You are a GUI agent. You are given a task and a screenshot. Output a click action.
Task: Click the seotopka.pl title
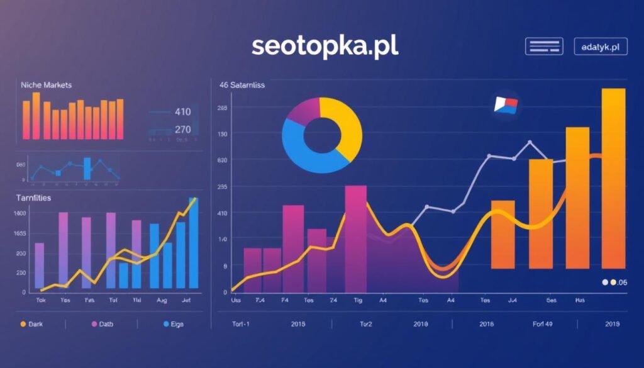pos(325,47)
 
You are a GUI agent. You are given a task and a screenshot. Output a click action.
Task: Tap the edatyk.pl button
pos(601,47)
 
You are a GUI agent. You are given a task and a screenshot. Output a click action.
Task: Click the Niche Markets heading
pos(46,84)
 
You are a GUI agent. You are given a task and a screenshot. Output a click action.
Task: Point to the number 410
pos(182,113)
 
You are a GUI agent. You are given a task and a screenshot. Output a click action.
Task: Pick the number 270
pos(182,130)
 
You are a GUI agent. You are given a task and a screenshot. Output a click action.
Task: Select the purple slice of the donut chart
pos(300,111)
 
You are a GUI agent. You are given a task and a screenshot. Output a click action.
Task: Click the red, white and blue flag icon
pos(506,105)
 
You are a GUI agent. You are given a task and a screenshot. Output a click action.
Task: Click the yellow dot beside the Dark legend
pos(23,324)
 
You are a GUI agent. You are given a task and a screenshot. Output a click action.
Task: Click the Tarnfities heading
pos(34,198)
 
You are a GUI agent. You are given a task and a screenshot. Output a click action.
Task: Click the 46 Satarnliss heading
pos(242,84)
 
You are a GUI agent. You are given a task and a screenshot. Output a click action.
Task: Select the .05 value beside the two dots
pos(622,282)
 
